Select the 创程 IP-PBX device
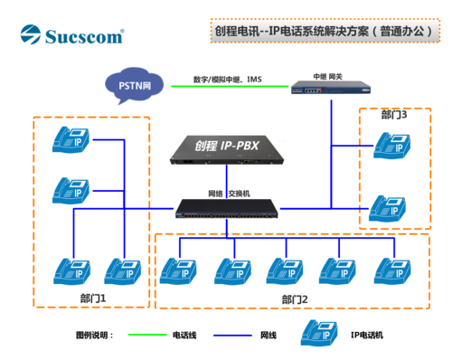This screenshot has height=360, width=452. click(226, 152)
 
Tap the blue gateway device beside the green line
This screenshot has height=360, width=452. click(330, 86)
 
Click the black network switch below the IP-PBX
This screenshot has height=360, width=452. click(226, 209)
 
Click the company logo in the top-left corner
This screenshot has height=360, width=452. click(72, 35)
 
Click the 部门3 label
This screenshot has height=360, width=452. click(394, 115)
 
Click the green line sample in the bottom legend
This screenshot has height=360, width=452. click(147, 335)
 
